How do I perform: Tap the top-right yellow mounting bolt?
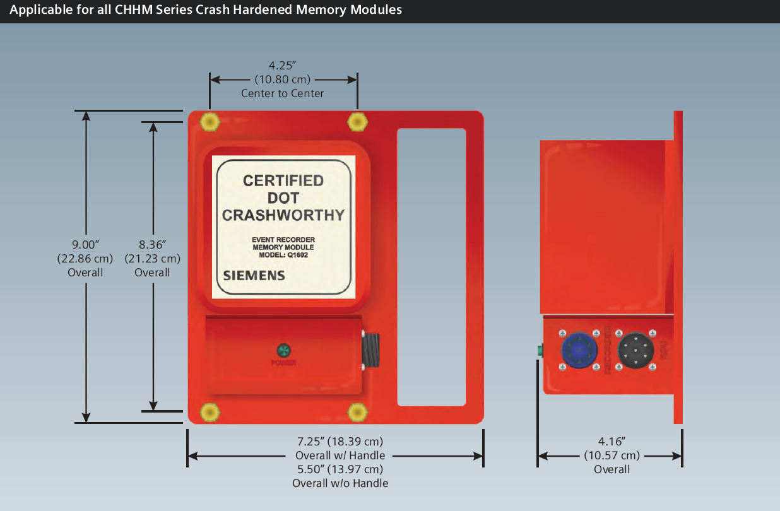(357, 121)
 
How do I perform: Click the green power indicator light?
(283, 350)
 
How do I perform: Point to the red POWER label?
(283, 363)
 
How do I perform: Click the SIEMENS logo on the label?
(254, 276)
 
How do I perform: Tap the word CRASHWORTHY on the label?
(283, 214)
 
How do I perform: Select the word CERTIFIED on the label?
(283, 181)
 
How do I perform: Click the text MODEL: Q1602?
(283, 255)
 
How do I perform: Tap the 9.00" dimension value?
(86, 244)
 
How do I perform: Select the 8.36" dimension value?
(152, 244)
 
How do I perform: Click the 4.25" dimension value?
(283, 66)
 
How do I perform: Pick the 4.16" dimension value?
(612, 442)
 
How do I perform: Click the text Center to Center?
(283, 93)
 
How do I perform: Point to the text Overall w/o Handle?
(340, 483)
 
